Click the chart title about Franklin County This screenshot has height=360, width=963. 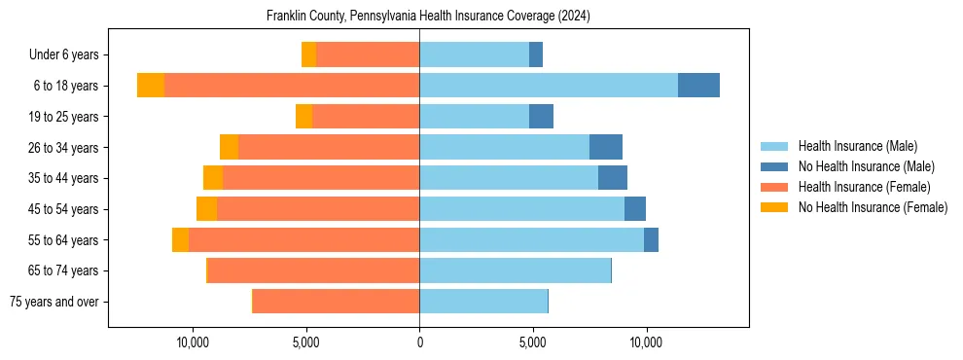coord(428,17)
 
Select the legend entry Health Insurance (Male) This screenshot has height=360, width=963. coord(857,146)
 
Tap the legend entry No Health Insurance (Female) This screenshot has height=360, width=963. coord(873,207)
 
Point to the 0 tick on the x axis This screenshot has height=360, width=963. coord(419,342)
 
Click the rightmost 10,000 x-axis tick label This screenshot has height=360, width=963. coord(646,342)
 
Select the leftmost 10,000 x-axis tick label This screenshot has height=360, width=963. coord(193,342)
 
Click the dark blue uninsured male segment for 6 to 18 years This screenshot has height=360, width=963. coord(698,86)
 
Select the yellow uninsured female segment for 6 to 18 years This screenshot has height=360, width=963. coord(151,86)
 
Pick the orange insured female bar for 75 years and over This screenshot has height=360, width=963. coord(337,302)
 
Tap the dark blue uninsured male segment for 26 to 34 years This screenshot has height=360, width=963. coord(606,147)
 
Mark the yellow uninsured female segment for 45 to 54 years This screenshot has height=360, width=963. coord(206,209)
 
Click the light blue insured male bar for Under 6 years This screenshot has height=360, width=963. coord(474,54)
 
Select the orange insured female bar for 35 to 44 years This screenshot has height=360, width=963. coord(321,178)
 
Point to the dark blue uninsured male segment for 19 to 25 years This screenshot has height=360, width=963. coord(541,117)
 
